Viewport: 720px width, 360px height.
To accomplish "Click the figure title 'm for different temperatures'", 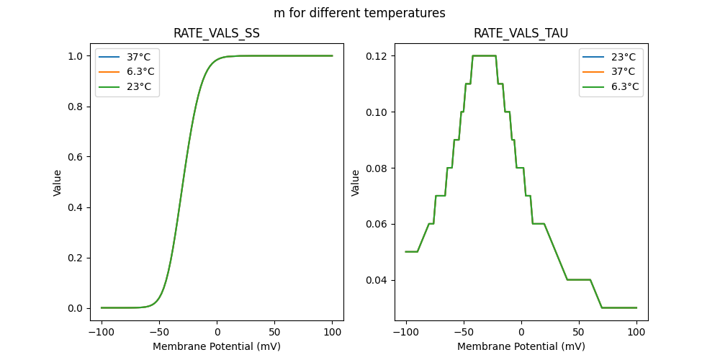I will coord(359,13).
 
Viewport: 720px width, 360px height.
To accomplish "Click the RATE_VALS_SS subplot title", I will coord(217,34).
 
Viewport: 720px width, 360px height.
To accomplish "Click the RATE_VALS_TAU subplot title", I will coord(521,34).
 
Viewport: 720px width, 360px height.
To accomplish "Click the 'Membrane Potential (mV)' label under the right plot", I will coord(521,346).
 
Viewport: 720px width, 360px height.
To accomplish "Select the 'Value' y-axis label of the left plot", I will coord(58,183).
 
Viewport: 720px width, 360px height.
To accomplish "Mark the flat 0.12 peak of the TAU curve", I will coord(484,55).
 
